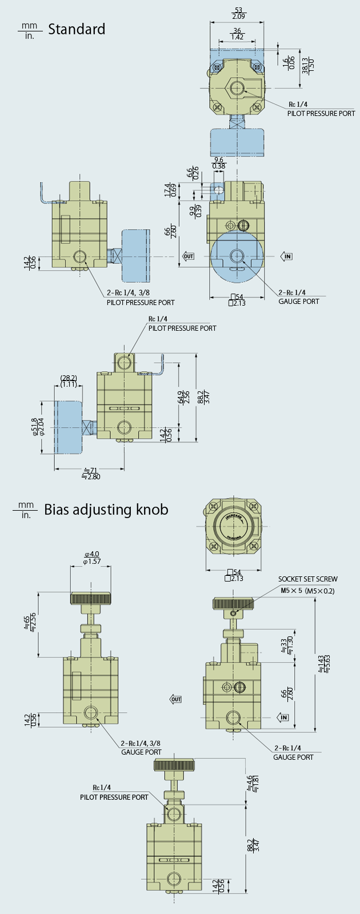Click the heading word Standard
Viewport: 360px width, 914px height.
(77, 29)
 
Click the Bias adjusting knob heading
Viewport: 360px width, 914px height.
(106, 509)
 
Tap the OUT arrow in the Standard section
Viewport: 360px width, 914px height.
(188, 256)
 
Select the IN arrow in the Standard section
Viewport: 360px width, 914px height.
(287, 256)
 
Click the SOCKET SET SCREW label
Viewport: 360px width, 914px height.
(308, 579)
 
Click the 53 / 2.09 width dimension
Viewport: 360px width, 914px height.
(237, 13)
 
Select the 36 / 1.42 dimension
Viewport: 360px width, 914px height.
(237, 33)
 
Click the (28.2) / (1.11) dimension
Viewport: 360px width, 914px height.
(69, 381)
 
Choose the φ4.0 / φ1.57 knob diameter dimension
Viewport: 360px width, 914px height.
(91, 558)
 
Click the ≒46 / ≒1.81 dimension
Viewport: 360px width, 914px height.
(252, 783)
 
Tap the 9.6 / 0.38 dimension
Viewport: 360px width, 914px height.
(218, 163)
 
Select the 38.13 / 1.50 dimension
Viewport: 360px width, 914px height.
(309, 66)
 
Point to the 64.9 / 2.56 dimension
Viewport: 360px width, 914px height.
(183, 397)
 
